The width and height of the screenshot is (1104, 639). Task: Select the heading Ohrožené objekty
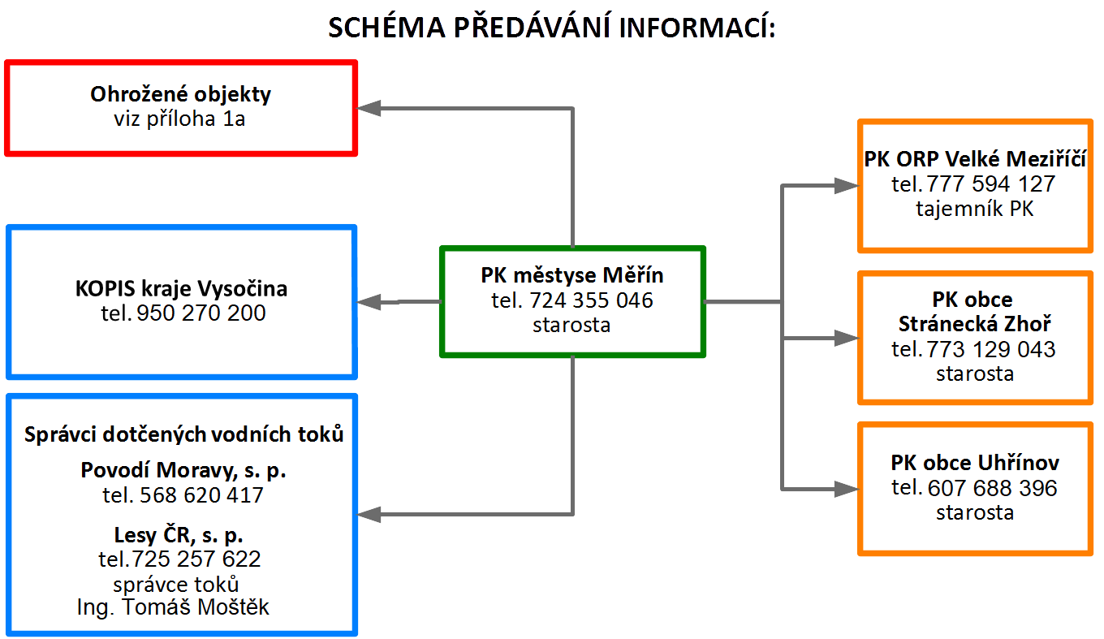pos(180,94)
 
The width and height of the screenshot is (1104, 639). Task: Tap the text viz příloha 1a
pos(179,119)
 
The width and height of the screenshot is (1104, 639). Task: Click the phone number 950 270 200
pos(201,313)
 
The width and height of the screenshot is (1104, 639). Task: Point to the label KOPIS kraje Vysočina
pos(181,288)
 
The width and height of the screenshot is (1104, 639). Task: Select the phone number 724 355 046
pos(592,300)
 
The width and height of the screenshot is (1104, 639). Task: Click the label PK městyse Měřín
pos(572,275)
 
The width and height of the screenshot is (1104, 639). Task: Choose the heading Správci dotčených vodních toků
pos(183,434)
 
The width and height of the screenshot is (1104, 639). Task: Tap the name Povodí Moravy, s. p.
pos(183,470)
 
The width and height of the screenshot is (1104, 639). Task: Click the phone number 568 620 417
pos(201,495)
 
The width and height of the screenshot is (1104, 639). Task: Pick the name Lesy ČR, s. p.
pos(179,535)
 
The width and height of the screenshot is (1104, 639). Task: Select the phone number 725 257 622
pos(196,559)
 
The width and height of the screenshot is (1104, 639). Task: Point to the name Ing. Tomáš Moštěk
pos(173,607)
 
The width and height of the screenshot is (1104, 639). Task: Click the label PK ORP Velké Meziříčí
pos(975,159)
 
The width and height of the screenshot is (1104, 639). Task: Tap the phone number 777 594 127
pos(990,184)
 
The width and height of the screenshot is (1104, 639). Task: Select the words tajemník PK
pos(975,209)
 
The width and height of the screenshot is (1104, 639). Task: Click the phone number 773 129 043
pos(991,349)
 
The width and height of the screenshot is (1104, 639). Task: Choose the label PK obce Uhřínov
pos(975,463)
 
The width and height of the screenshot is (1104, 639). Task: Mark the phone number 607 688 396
pos(993,488)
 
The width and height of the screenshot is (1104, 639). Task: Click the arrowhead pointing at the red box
pos(369,108)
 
